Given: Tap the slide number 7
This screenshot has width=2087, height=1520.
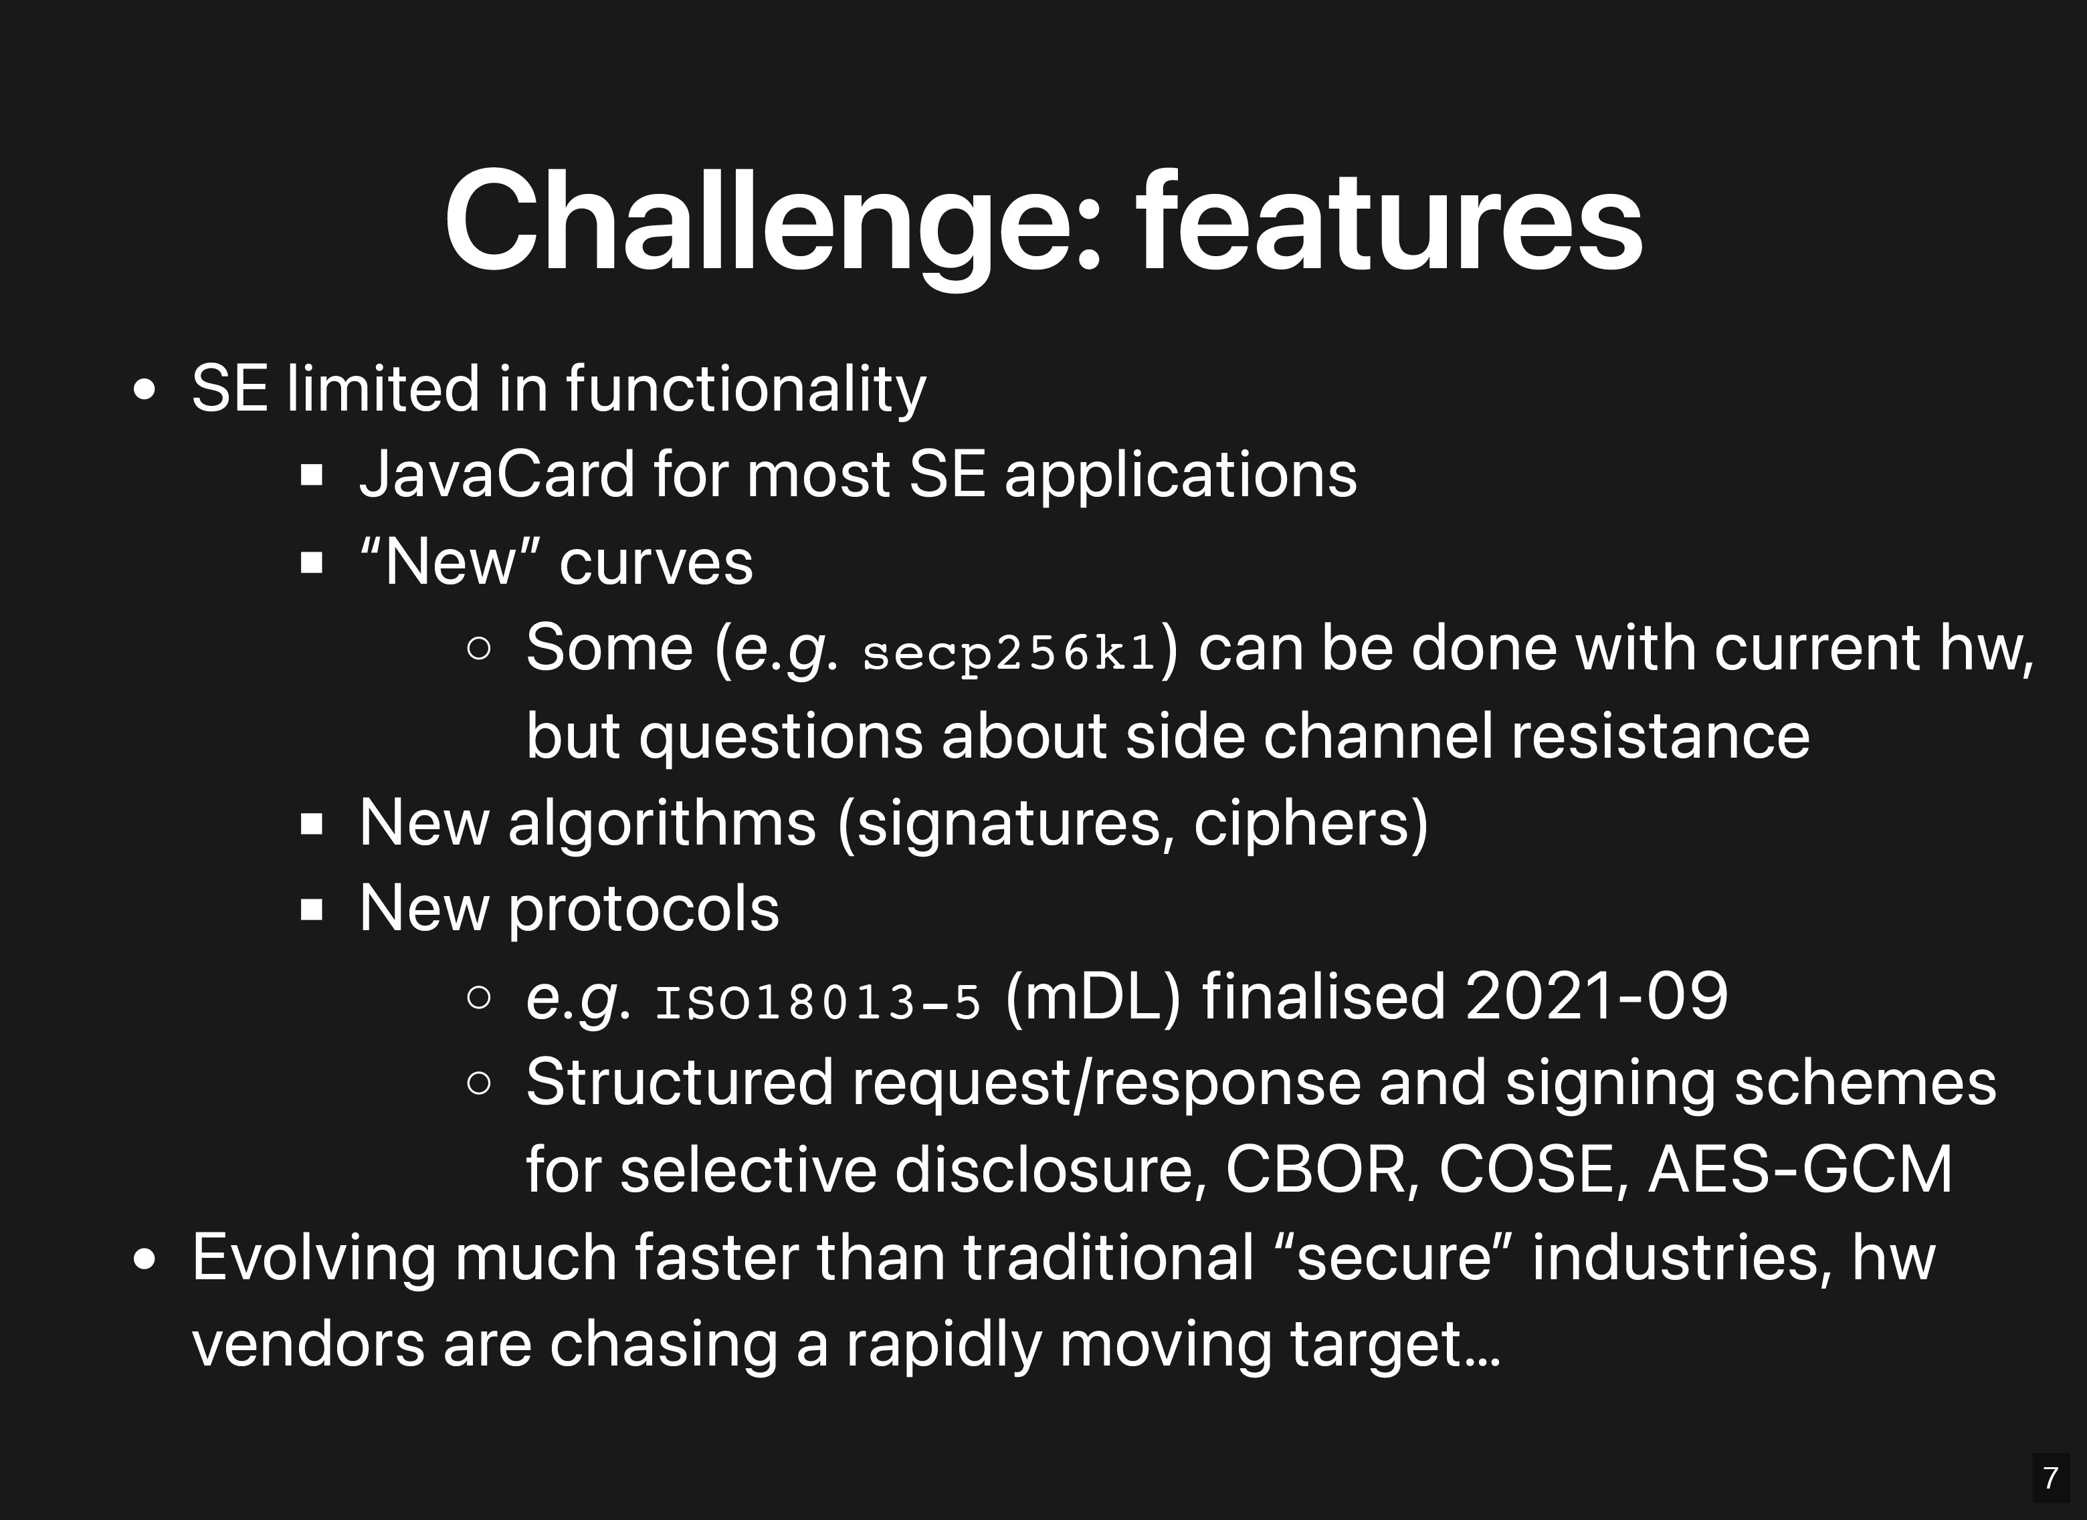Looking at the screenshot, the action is (2050, 1478).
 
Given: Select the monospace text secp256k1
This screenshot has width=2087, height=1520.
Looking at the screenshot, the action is (1009, 653).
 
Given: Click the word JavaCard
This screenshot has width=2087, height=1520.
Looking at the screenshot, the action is (497, 475).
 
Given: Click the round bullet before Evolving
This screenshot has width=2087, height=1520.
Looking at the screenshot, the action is (144, 1258).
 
